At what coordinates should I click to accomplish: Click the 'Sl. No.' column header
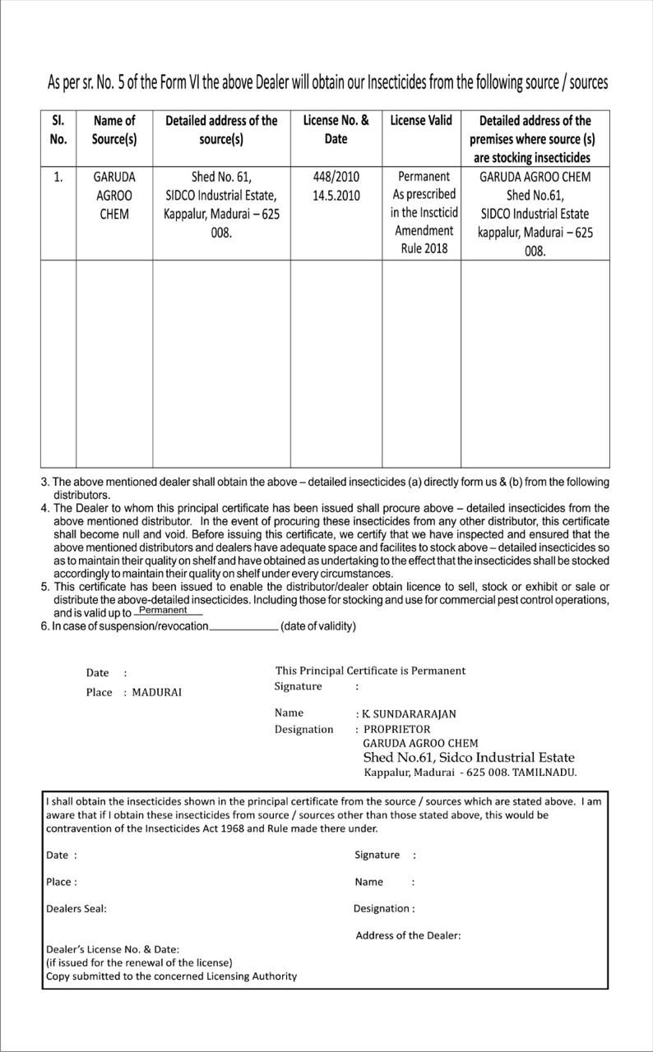pos(58,130)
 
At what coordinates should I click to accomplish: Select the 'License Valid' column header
pos(421,121)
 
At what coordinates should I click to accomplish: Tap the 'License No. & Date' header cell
pos(336,130)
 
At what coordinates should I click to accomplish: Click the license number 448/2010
pos(336,177)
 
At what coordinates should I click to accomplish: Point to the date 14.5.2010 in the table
pos(336,196)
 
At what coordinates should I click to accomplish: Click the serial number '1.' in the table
pos(58,177)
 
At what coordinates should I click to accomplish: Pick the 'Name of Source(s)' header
pos(114,130)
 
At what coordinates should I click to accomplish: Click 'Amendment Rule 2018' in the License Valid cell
pos(424,239)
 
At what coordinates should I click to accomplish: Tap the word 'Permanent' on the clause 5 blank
pos(163,610)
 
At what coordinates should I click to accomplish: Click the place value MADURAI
pos(157,693)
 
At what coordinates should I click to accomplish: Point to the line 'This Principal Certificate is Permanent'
pos(370,671)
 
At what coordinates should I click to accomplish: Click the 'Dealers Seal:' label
pos(76,909)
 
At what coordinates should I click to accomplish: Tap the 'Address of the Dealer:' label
pos(408,935)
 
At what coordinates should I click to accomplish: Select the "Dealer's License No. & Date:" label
pos(113,949)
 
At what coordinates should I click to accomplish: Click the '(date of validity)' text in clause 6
pos(318,626)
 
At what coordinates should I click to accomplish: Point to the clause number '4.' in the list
pos(46,509)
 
